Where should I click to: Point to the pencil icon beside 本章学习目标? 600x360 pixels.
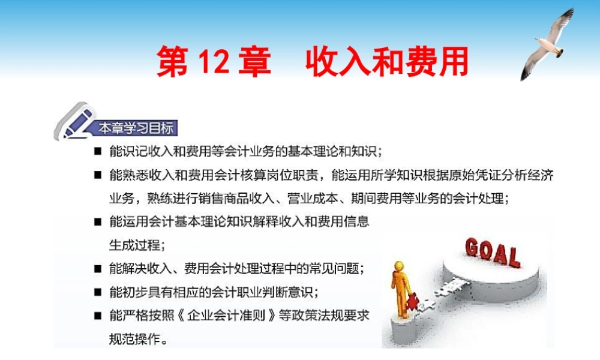point(74,119)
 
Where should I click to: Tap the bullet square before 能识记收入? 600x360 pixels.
point(97,151)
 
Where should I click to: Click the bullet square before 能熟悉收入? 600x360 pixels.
point(97,175)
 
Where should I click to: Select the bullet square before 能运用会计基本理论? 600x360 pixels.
point(97,222)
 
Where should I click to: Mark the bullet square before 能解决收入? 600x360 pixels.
point(97,268)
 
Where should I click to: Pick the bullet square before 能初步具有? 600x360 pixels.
point(97,292)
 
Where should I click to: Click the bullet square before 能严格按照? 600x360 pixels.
point(97,316)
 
